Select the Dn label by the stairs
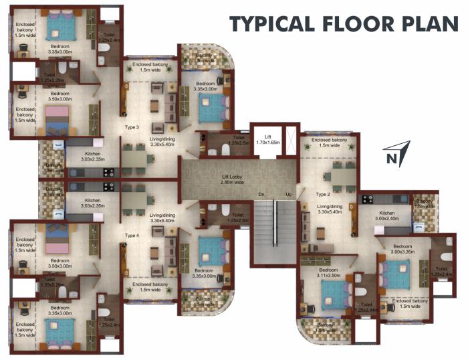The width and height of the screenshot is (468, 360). click(x=263, y=195)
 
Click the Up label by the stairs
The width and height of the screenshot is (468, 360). click(x=289, y=195)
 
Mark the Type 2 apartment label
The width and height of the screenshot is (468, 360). click(x=324, y=194)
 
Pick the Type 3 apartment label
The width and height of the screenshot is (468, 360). click(x=132, y=127)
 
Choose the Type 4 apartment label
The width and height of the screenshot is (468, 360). click(x=132, y=236)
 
